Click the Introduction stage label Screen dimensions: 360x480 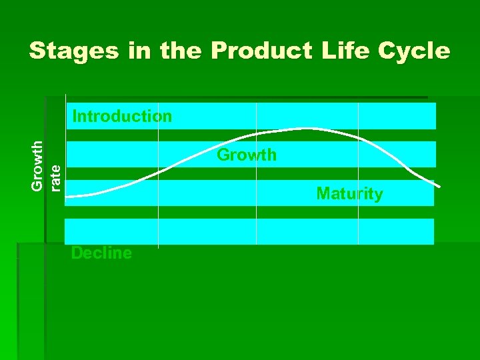(x=122, y=117)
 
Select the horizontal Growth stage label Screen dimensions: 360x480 (x=247, y=155)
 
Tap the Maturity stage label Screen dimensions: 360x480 (x=349, y=194)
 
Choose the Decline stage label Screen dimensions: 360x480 (x=101, y=253)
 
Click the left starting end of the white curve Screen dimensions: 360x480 (x=67, y=196)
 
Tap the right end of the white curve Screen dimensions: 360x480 (x=439, y=186)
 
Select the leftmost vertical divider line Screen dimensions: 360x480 (x=158, y=200)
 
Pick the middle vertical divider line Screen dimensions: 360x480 (x=257, y=200)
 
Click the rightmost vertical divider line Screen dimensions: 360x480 (x=358, y=200)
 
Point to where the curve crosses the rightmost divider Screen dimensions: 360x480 (x=358, y=137)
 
